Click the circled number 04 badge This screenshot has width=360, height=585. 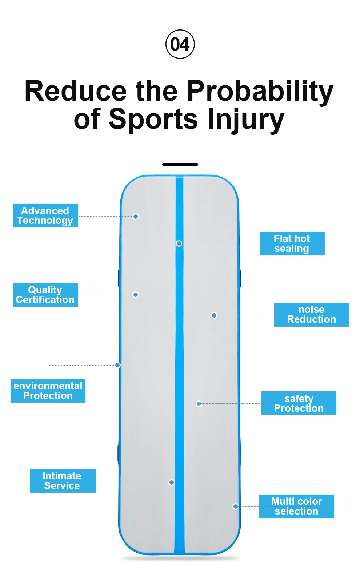180,44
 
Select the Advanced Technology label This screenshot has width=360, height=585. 45,216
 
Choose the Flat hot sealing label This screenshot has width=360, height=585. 292,243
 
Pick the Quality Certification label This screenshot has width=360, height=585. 45,295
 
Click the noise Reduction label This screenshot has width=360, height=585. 311,315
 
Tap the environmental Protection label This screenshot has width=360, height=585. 48,391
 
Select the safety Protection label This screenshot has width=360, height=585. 299,403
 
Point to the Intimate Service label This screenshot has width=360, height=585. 63,481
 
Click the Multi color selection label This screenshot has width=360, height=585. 296,506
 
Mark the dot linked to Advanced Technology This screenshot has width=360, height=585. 136,217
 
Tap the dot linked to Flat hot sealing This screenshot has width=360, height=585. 179,243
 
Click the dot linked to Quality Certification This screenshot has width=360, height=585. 136,295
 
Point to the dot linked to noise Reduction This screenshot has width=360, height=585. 214,315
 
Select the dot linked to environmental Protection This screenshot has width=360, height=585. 118,365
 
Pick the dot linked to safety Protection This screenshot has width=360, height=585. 199,404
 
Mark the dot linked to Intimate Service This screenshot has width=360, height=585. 172,483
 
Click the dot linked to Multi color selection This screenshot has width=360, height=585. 236,507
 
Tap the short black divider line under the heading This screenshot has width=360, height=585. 180,165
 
